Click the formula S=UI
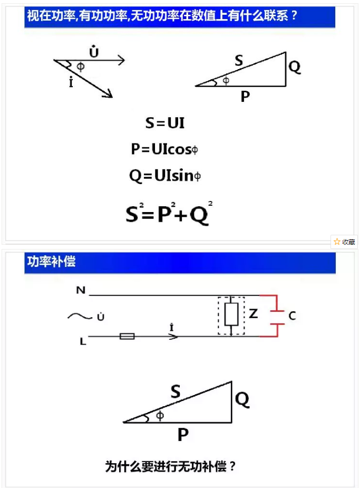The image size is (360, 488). (x=165, y=123)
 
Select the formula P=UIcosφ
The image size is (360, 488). (x=164, y=149)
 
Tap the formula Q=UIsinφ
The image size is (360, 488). (x=165, y=176)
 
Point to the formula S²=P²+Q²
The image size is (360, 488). (x=169, y=213)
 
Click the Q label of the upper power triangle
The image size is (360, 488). (x=295, y=66)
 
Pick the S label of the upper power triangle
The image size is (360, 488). (x=239, y=60)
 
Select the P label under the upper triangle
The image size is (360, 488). (x=245, y=96)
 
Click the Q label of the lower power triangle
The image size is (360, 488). (x=242, y=399)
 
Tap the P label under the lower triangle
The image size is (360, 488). (x=183, y=434)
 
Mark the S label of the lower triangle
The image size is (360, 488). (x=176, y=391)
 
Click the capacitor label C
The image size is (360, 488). (x=292, y=316)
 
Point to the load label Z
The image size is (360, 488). (x=254, y=313)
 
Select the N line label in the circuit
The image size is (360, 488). (x=81, y=290)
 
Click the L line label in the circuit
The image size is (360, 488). (x=83, y=341)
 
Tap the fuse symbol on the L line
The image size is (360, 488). (x=127, y=336)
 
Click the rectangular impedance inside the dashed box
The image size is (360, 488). (x=231, y=314)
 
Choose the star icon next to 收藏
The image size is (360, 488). (x=337, y=242)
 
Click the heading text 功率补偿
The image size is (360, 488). (x=51, y=262)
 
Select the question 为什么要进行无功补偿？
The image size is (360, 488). (x=170, y=466)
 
